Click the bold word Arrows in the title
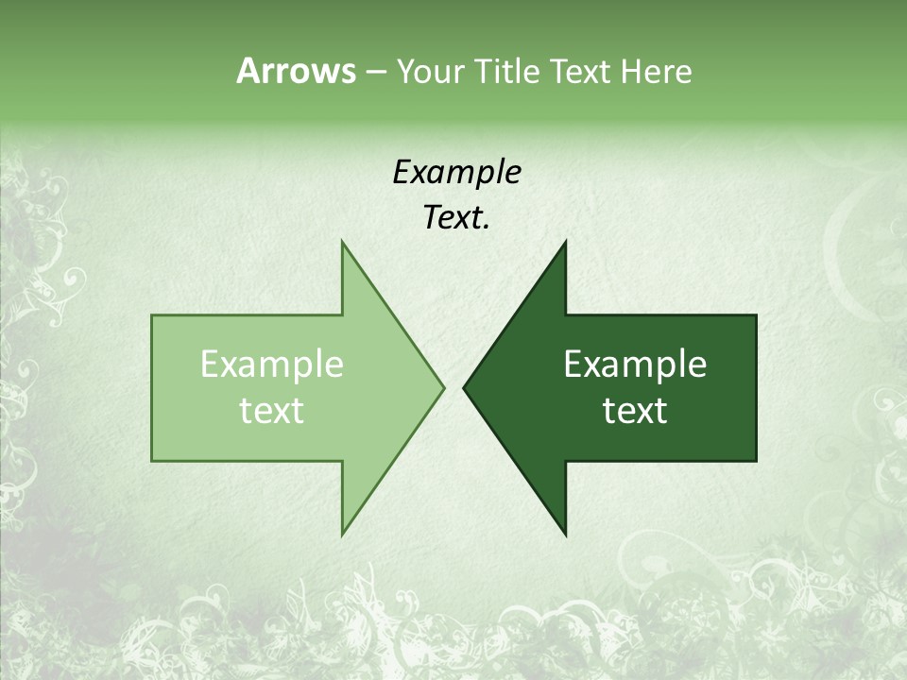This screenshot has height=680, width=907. pos(296,71)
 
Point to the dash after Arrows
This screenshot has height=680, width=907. pos(375,72)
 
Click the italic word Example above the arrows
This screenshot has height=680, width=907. pos(456,173)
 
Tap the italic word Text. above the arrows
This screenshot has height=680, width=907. pos(456,218)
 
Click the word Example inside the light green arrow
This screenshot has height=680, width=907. pos(272,365)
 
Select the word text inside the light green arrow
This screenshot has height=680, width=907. pos(272,411)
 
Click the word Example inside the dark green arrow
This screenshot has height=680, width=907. pos(635,365)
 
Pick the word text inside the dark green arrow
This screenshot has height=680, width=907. pos(635,411)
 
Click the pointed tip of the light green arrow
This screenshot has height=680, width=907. pos(443,387)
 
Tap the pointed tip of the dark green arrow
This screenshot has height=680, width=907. pos(464,387)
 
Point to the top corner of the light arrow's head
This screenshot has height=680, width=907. pos(342,243)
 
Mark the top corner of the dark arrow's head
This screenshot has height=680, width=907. pos(565,243)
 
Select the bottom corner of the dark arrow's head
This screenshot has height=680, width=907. pos(565,535)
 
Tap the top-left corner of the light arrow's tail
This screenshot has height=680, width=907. pos(153,316)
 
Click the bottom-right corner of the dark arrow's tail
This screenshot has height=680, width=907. pos(756,460)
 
